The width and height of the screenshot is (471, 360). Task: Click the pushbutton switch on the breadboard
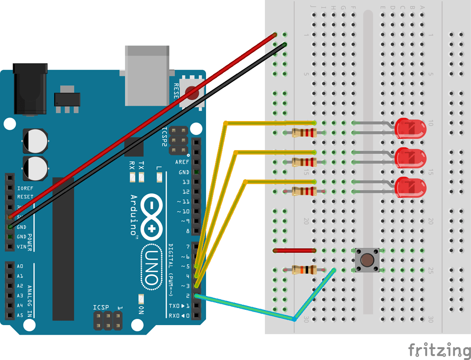click(x=367, y=260)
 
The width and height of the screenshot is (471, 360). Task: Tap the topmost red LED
click(x=411, y=128)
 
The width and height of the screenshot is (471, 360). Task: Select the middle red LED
click(x=411, y=158)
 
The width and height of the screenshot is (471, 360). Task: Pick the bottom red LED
click(x=411, y=187)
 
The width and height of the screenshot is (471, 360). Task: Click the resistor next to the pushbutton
click(x=304, y=270)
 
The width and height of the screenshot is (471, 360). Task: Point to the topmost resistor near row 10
click(x=304, y=133)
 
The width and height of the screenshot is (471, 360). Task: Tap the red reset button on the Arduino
click(x=192, y=93)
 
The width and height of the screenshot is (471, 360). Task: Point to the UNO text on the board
click(x=152, y=267)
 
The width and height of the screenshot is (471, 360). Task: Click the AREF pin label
click(x=182, y=162)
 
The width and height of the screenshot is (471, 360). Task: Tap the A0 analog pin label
click(x=20, y=266)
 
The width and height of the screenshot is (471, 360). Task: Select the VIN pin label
click(x=22, y=247)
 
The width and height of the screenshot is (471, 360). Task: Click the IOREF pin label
click(x=25, y=188)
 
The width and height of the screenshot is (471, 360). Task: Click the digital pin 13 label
click(x=185, y=182)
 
